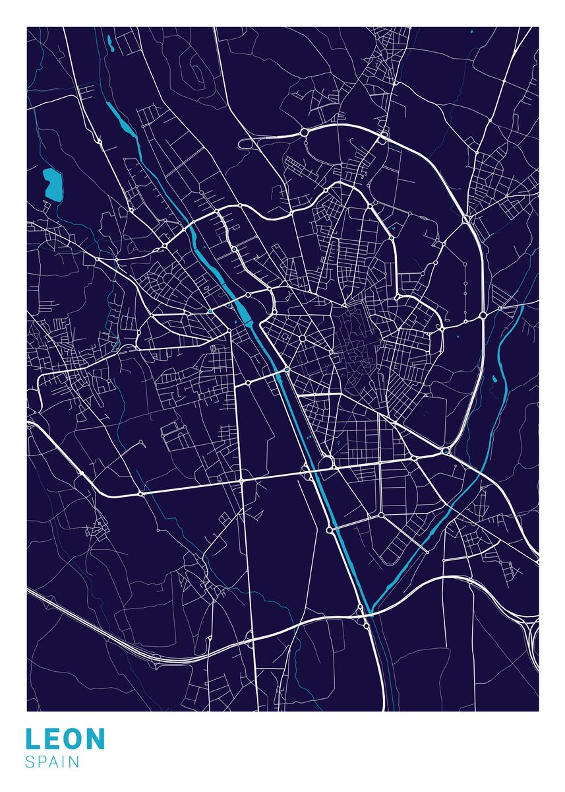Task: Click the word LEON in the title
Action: (65, 739)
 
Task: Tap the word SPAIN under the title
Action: (53, 762)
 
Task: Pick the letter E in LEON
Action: (52, 739)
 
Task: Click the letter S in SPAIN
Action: (30, 762)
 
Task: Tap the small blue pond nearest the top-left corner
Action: (110, 44)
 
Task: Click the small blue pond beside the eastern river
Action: (493, 379)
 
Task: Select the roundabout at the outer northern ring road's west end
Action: (305, 133)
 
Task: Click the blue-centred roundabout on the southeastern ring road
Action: (446, 451)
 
